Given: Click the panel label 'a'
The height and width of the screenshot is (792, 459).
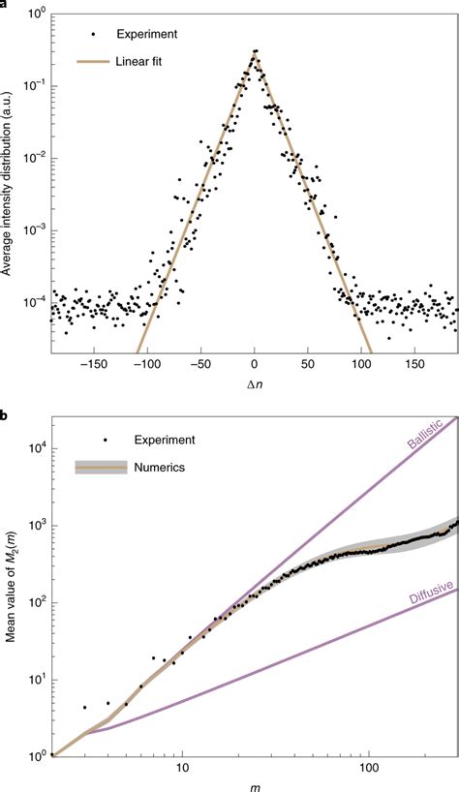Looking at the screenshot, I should (x=5, y=5).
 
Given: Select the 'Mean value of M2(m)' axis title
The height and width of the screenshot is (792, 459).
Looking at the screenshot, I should (x=9, y=590).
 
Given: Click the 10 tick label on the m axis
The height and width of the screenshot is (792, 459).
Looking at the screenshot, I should (x=182, y=768).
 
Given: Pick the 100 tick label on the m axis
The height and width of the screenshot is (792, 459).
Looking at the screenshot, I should (x=369, y=768).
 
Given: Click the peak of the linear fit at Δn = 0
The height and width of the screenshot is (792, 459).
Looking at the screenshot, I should (x=254, y=53).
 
